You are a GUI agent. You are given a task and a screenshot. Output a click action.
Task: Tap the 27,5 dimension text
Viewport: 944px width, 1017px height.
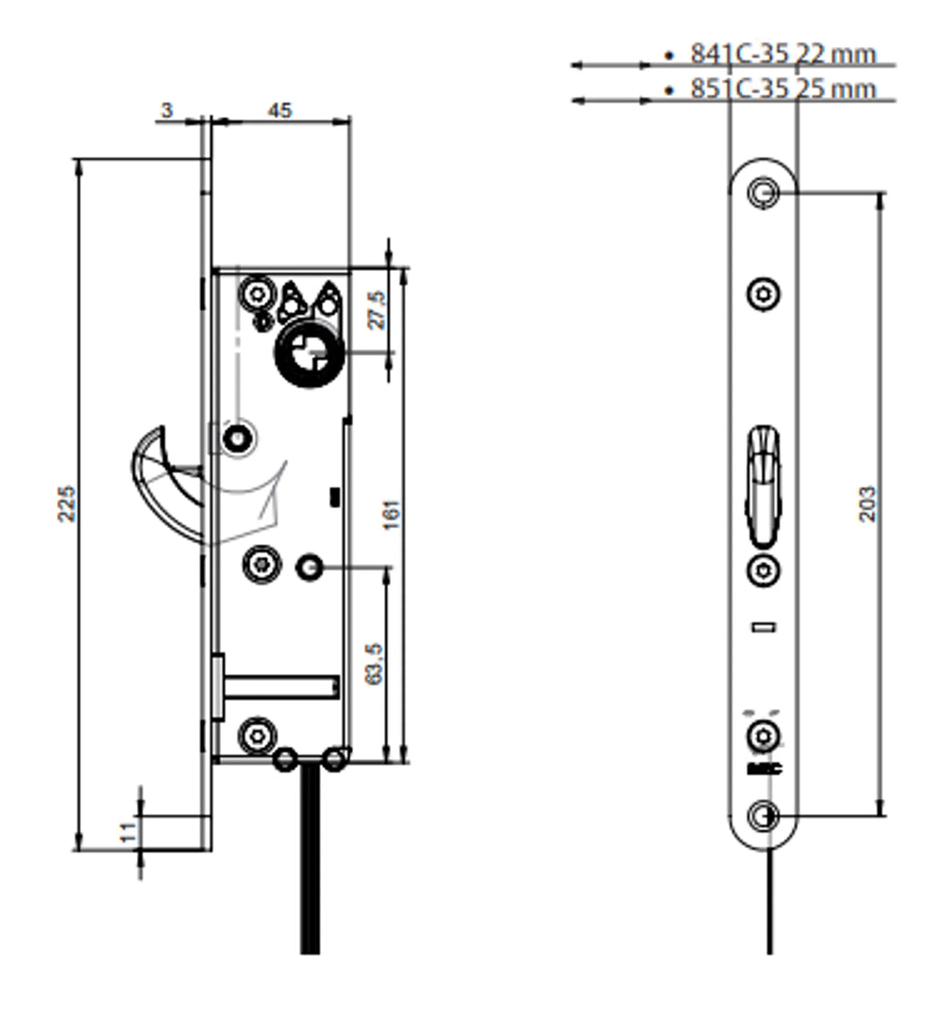[378, 311]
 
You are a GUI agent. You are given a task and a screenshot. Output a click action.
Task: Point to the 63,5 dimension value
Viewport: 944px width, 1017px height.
[373, 664]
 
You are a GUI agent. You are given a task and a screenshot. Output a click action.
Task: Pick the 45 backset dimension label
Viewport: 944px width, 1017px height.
[280, 110]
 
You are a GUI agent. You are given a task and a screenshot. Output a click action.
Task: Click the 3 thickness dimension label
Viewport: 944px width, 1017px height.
[167, 110]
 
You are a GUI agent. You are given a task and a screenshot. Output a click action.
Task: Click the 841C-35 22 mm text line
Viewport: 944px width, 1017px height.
[783, 55]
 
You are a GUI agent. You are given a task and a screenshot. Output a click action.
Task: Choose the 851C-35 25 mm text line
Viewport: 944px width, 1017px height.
[783, 90]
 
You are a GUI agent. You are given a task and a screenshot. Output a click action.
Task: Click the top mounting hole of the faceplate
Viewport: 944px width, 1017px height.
[762, 193]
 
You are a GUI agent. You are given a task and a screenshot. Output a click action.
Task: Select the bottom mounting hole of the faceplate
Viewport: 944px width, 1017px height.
[763, 815]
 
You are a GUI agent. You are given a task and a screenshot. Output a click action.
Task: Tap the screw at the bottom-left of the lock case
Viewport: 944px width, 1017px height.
[257, 735]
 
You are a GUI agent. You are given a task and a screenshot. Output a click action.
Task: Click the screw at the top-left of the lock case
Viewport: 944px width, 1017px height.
[255, 295]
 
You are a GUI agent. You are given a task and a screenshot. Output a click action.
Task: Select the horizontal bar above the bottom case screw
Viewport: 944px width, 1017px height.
[280, 686]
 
